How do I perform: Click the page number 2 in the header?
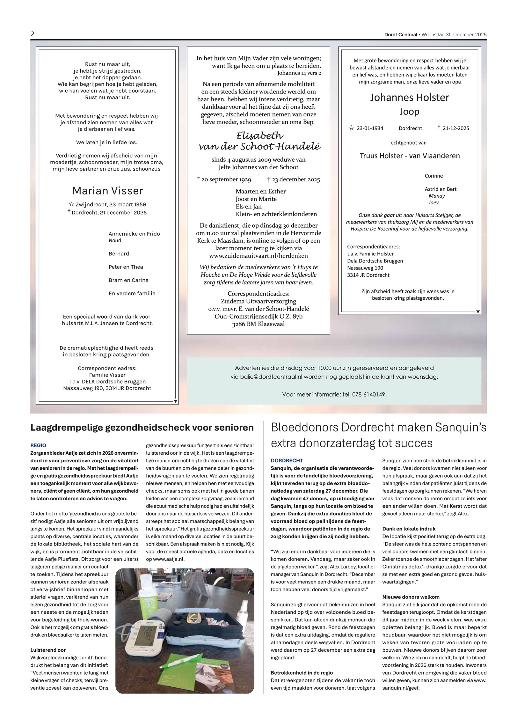(32, 34)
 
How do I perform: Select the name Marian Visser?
(108, 191)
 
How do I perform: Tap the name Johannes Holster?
(409, 97)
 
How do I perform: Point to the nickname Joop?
(409, 111)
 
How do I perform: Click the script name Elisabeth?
(259, 136)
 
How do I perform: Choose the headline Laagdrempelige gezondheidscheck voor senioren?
(142, 428)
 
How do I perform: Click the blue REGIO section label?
(38, 445)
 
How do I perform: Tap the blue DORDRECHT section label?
(287, 460)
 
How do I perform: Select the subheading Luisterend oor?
(48, 650)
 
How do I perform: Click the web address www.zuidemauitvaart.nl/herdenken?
(259, 256)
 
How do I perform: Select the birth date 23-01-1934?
(370, 128)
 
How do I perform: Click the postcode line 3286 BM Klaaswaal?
(258, 324)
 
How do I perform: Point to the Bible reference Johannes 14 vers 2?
(299, 73)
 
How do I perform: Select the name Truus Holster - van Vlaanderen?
(410, 156)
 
